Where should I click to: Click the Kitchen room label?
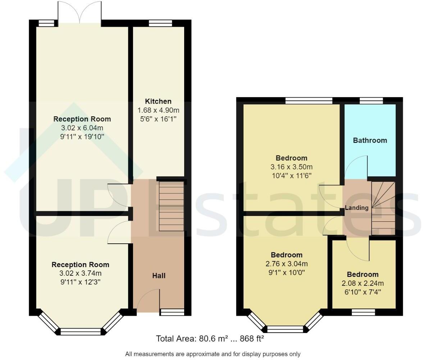(158, 101)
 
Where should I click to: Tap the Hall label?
(159, 276)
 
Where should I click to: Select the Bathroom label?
(370, 140)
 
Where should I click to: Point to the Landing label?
(356, 208)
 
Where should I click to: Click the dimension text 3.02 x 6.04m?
(82, 128)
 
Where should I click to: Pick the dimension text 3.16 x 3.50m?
(291, 167)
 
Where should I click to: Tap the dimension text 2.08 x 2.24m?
(363, 283)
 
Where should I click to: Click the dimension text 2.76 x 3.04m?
(286, 264)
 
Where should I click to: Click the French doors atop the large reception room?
(81, 13)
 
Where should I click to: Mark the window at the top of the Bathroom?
(371, 101)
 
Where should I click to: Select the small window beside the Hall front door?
(172, 312)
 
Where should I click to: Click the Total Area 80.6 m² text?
(210, 339)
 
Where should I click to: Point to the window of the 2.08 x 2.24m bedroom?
(363, 312)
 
